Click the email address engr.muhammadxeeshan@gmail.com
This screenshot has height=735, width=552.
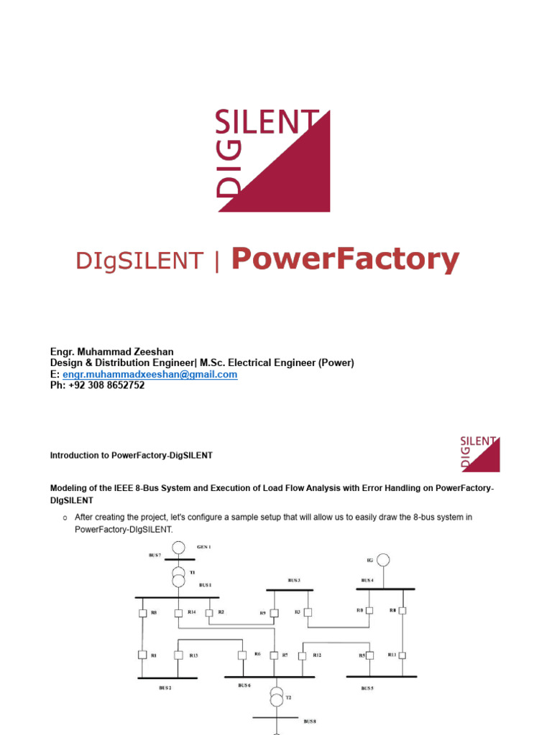pyautogui.click(x=149, y=375)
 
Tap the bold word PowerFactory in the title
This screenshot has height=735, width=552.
pyautogui.click(x=345, y=259)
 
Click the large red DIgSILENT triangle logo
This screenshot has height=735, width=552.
pyautogui.click(x=273, y=161)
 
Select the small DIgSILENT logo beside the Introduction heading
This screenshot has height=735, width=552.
pyautogui.click(x=479, y=453)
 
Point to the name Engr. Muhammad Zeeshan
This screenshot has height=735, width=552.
pyautogui.click(x=111, y=352)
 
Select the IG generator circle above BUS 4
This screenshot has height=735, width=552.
pyautogui.click(x=384, y=559)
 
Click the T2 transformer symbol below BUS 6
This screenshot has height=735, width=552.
pyautogui.click(x=277, y=696)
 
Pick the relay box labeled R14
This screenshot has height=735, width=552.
pyautogui.click(x=177, y=612)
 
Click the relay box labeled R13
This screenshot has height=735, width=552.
pyautogui.click(x=177, y=655)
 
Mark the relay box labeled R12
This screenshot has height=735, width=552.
pyautogui.click(x=303, y=655)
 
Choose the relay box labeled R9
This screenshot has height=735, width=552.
pyautogui.click(x=274, y=613)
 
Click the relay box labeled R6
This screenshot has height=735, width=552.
pyautogui.click(x=241, y=655)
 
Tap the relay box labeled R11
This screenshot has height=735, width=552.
pyautogui.click(x=402, y=655)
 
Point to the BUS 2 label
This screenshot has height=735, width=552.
pyautogui.click(x=165, y=688)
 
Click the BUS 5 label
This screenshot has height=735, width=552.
pyautogui.click(x=367, y=688)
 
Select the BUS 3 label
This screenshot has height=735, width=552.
pyautogui.click(x=294, y=580)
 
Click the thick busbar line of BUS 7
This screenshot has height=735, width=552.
pyautogui.click(x=175, y=560)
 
